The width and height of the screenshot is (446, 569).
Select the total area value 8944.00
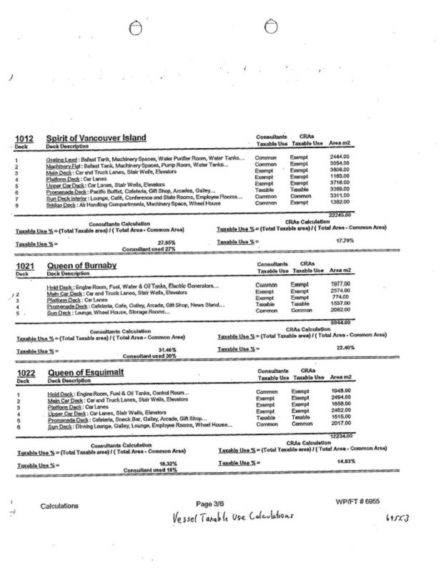342,322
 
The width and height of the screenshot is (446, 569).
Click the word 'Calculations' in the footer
59,506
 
